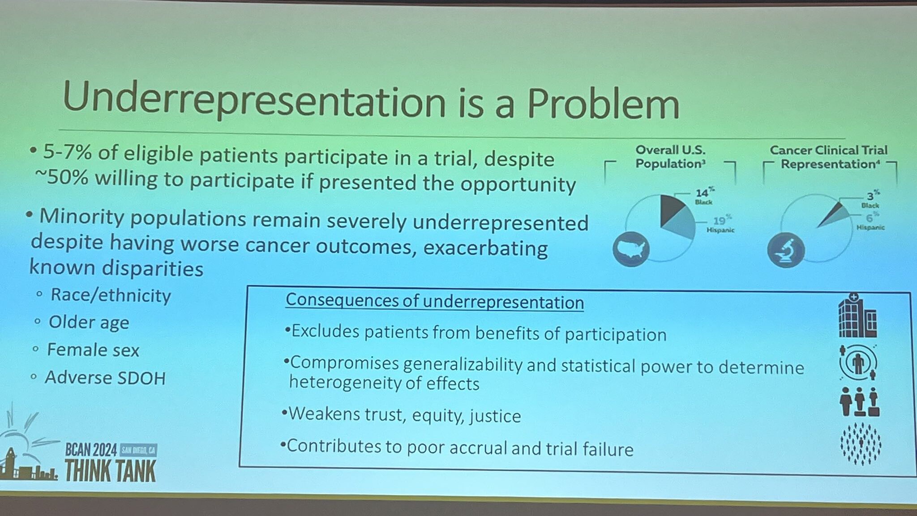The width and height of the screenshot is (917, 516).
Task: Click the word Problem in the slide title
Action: tap(603, 103)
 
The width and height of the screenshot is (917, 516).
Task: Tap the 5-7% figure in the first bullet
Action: tap(67, 153)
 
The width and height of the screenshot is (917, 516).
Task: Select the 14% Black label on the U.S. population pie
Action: tap(704, 196)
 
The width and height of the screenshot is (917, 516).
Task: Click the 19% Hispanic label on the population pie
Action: tap(720, 223)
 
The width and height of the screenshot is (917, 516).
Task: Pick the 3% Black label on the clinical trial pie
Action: tap(871, 199)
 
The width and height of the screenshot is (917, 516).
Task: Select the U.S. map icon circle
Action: tap(631, 249)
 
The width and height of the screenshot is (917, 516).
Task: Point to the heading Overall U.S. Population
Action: tap(670, 157)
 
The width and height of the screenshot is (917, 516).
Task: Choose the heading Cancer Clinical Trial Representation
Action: tap(829, 157)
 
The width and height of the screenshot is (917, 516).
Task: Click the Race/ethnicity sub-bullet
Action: tap(111, 295)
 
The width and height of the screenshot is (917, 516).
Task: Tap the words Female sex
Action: tap(93, 350)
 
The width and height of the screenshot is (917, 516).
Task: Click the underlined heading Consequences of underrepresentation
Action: tap(435, 301)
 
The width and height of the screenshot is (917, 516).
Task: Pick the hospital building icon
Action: tap(857, 315)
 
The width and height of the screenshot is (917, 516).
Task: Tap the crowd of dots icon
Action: tap(861, 444)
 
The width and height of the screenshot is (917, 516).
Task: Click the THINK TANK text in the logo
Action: tap(111, 470)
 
